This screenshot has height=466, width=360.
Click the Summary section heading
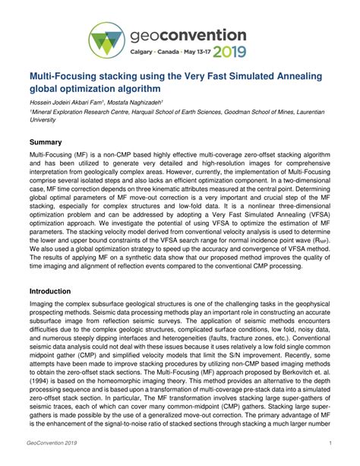pyautogui.click(x=46, y=141)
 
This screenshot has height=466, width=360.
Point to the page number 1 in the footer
pyautogui.click(x=331, y=442)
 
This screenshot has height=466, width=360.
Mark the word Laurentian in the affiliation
pyautogui.click(x=315, y=112)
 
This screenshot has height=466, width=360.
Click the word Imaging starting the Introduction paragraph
pyautogui.click(x=42, y=306)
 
